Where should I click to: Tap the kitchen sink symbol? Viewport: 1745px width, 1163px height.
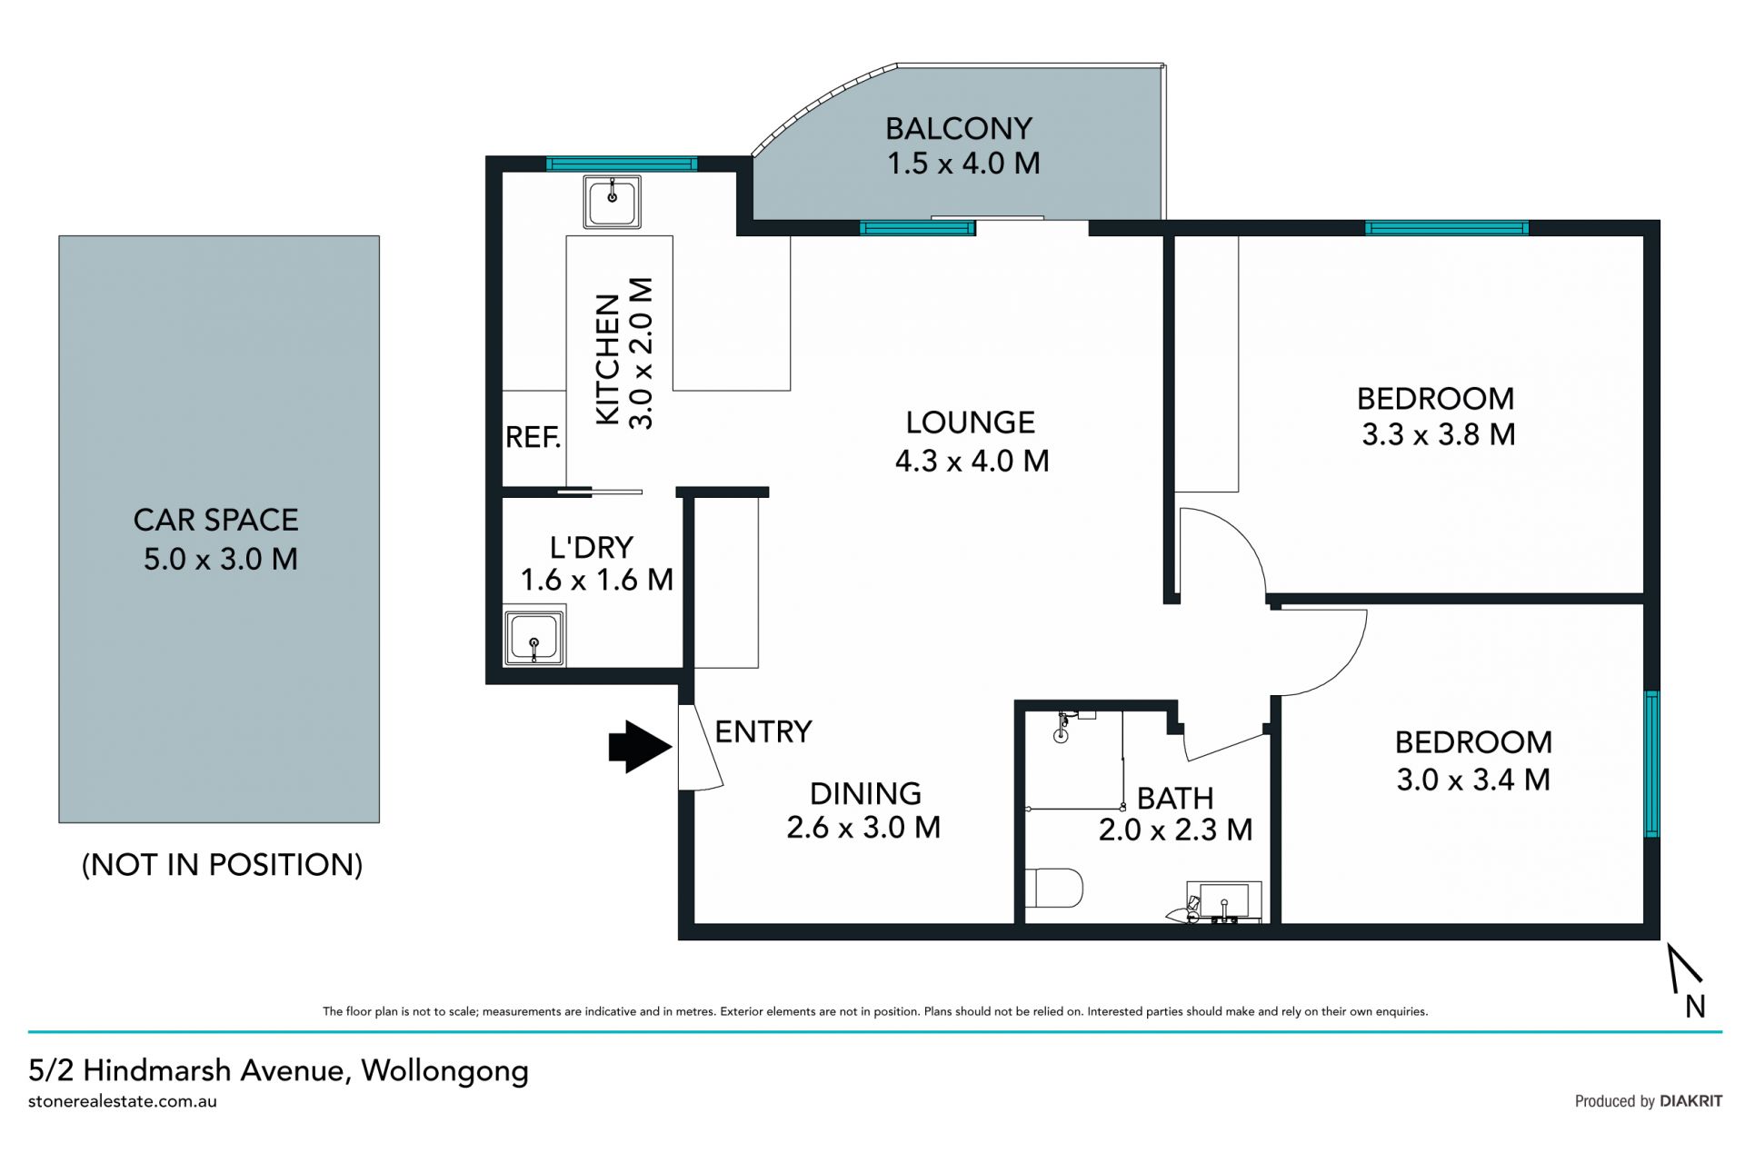coord(612,203)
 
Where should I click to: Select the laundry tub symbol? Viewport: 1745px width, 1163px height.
coord(534,638)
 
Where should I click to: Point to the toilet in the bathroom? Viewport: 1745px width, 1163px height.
coord(1054,888)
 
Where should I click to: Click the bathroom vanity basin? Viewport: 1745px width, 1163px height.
coord(1223,901)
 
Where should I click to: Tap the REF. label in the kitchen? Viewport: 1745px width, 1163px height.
coord(533,438)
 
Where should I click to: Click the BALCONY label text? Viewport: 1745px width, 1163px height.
coord(959,128)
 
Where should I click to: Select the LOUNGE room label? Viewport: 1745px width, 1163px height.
coord(971,422)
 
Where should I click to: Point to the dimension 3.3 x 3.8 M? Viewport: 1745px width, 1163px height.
coord(1439,434)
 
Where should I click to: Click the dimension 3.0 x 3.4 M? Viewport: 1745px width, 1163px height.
coord(1473,780)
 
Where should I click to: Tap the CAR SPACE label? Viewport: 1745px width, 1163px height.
coord(216,520)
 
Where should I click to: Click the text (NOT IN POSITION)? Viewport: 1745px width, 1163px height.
coord(223,864)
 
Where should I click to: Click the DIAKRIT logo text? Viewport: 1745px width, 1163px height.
coord(1690,1101)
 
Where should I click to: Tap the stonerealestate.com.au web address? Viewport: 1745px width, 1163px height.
coord(123,1101)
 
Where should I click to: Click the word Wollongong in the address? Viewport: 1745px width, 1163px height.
coord(445,1071)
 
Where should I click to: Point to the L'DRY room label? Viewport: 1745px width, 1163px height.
coord(592,547)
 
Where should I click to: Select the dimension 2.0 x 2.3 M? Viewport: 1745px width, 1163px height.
coord(1175,830)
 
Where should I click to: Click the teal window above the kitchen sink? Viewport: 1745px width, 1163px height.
coord(622,164)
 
